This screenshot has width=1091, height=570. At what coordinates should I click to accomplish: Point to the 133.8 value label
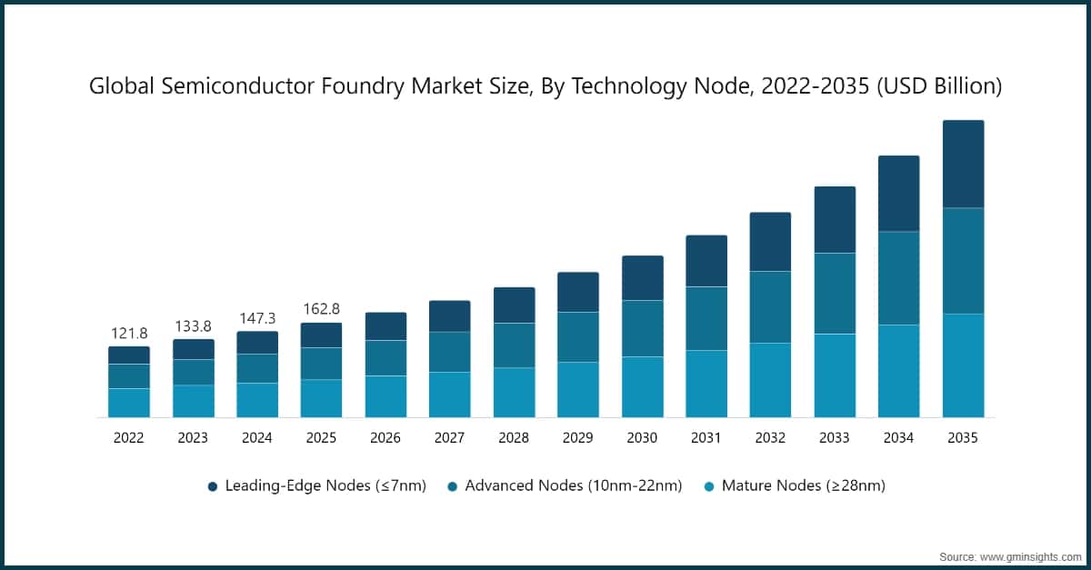pos(193,325)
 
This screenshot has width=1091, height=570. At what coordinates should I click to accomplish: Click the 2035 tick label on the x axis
pos(963,438)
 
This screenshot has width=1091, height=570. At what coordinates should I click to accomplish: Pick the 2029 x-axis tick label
pos(578,438)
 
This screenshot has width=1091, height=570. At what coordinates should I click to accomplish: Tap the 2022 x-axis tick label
pos(129,438)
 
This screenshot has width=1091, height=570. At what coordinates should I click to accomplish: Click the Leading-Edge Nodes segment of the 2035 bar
pos(963,164)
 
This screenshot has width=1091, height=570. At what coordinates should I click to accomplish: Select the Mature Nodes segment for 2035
pos(963,365)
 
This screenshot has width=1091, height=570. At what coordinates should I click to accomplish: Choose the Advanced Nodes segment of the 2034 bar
pos(898,278)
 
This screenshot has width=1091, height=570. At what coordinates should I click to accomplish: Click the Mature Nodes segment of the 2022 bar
pos(129,403)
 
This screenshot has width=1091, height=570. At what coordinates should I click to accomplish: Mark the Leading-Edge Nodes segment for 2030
pos(642,277)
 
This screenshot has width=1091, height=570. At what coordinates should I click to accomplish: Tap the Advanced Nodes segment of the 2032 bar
pos(770,306)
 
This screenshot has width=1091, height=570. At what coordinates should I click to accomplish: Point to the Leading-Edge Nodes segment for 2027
pos(450,315)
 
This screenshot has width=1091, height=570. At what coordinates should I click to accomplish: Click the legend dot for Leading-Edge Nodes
pos(213,486)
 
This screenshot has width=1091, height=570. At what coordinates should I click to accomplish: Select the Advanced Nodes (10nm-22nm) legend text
pos(573,486)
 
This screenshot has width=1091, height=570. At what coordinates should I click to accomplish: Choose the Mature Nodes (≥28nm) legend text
pos(803,486)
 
